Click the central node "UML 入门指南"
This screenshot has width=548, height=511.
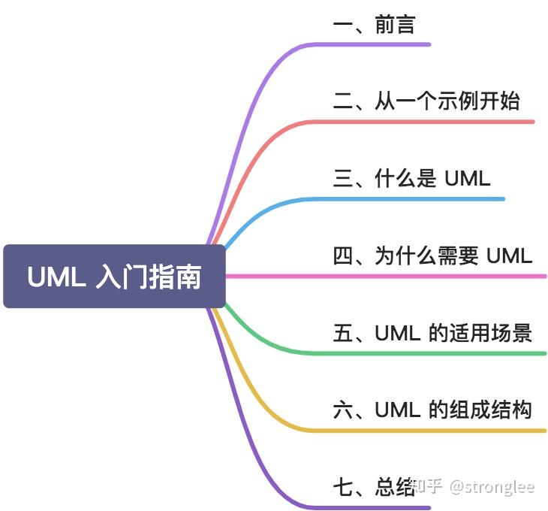(x=114, y=277)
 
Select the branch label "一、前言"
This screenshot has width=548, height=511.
(x=373, y=24)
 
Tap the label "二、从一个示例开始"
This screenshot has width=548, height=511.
(x=426, y=101)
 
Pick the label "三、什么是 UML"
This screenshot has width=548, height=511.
(x=411, y=178)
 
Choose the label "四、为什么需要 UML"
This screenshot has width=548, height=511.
(x=432, y=255)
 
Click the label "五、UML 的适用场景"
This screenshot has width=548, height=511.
(x=432, y=332)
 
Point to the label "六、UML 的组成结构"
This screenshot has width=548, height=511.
(x=432, y=410)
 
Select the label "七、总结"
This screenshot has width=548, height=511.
(x=373, y=487)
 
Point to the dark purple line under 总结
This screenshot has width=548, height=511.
(x=375, y=507)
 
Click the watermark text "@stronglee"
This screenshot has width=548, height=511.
(x=492, y=487)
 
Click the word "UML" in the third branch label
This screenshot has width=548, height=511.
(x=467, y=178)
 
